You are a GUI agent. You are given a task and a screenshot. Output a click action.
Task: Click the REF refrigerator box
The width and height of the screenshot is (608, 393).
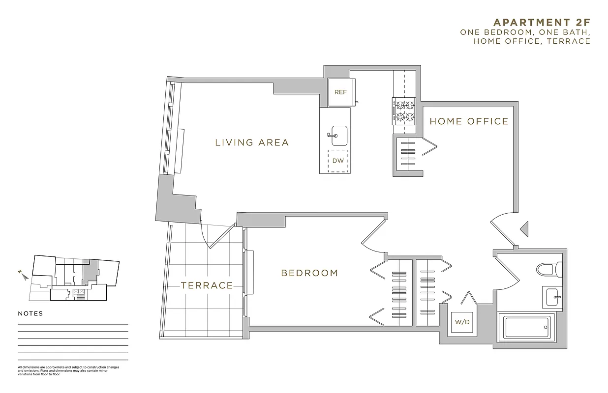pyautogui.click(x=340, y=92)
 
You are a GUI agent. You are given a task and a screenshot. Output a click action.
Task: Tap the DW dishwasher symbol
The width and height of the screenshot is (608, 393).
pyautogui.click(x=337, y=161)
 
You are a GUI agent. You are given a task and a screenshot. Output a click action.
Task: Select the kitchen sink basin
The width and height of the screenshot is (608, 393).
pyautogui.click(x=339, y=136)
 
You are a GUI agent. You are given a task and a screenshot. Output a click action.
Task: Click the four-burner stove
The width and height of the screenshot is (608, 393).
pyautogui.click(x=403, y=111)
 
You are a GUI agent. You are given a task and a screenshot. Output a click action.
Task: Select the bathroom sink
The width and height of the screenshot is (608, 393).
pyautogui.click(x=552, y=296)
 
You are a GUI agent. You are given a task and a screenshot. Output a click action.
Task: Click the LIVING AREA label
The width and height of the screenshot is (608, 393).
pyautogui.click(x=252, y=143)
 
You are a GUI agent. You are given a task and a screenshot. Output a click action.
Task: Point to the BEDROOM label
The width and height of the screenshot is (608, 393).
pyautogui.click(x=309, y=273)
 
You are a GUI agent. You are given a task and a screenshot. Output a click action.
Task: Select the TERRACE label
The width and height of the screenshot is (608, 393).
pyautogui.click(x=207, y=285)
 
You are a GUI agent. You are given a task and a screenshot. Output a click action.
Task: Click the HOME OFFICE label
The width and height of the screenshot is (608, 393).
pyautogui.click(x=469, y=121)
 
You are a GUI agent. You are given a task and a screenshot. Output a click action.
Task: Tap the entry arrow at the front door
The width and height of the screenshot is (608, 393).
pyautogui.click(x=524, y=228)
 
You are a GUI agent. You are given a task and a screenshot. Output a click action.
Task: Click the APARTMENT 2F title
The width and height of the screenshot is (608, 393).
pyautogui.click(x=541, y=22)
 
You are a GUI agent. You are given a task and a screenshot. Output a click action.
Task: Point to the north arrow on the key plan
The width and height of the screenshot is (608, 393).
pyautogui.click(x=24, y=276)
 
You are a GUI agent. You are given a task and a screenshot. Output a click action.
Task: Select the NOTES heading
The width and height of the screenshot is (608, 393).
pyautogui.click(x=30, y=313)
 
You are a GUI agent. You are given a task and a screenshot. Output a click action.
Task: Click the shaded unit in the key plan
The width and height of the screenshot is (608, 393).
pyautogui.click(x=91, y=271)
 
